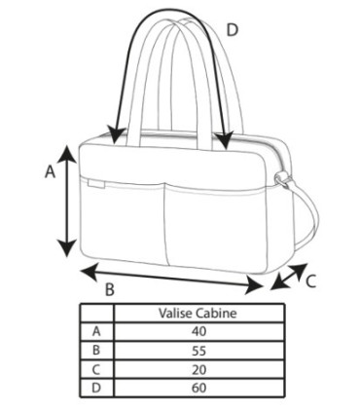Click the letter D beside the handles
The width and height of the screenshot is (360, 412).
click(233, 30)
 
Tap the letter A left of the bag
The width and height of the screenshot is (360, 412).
click(50, 171)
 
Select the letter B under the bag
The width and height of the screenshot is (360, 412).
click(110, 289)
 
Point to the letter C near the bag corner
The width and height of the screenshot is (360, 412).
click(310, 281)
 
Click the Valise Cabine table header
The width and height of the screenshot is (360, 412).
click(198, 313)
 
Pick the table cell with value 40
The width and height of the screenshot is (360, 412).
click(198, 331)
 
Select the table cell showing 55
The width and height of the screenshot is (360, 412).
click(198, 351)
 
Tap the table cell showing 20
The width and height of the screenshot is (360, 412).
click(198, 369)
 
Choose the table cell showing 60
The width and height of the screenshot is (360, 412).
click(198, 388)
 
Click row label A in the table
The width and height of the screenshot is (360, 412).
click(96, 331)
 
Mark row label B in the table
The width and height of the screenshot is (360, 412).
click(96, 351)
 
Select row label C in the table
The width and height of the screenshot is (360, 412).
click(96, 369)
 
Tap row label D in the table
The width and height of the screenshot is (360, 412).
click(96, 388)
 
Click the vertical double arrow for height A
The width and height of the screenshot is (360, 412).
click(67, 201)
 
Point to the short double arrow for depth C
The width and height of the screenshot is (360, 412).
click(289, 277)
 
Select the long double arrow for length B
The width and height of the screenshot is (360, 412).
click(171, 279)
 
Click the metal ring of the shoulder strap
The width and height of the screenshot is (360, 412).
click(281, 178)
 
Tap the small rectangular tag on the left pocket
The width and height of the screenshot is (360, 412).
click(95, 184)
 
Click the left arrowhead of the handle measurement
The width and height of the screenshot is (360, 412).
click(116, 136)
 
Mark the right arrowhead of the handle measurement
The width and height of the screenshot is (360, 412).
click(225, 140)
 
